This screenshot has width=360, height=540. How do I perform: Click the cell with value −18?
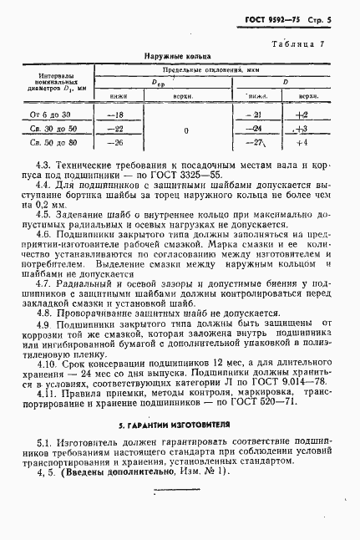pyautogui.click(x=116, y=114)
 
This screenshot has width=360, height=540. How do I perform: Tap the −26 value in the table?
pyautogui.click(x=116, y=143)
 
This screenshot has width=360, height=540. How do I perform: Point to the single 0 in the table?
pyautogui.click(x=186, y=130)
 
